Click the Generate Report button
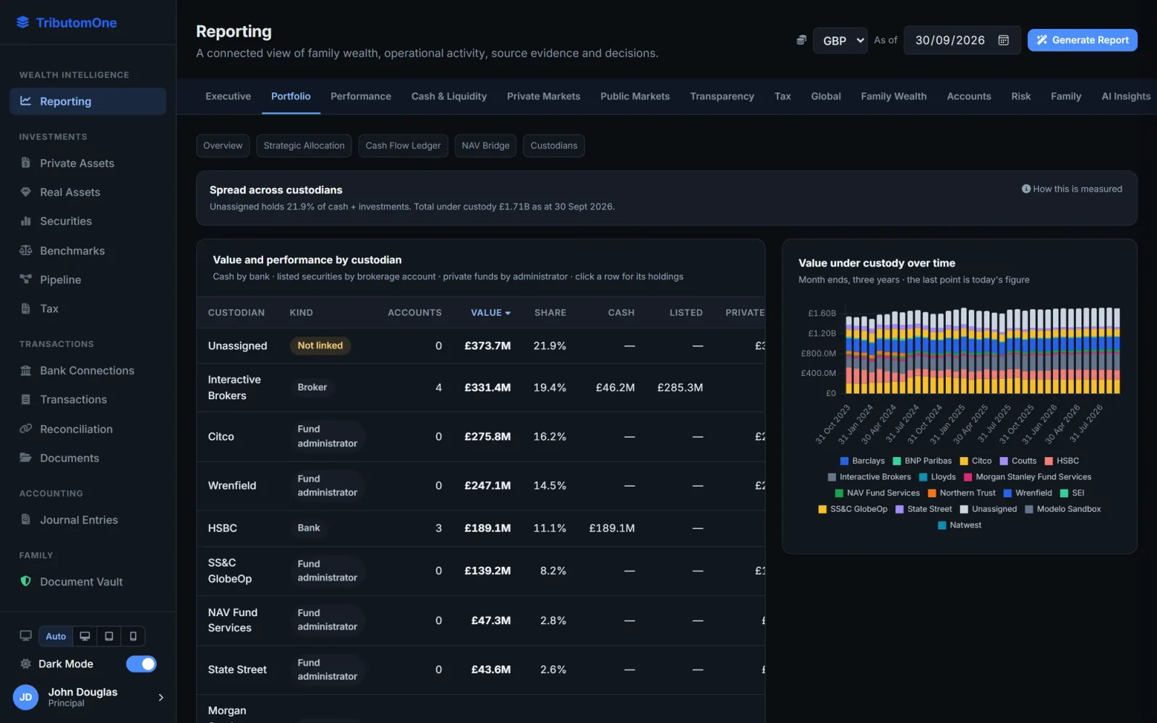[x=1082, y=40]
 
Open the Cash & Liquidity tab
[x=449, y=96]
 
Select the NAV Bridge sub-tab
[x=485, y=145]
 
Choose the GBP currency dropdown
[x=840, y=40]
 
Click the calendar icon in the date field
[x=1003, y=40]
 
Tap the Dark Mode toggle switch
[x=141, y=664]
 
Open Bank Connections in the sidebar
[x=87, y=370]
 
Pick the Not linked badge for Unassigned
[x=320, y=346]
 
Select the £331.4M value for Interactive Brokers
[x=487, y=388]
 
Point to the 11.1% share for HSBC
[x=550, y=528]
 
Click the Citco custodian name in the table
[x=221, y=437]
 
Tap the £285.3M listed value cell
[x=680, y=388]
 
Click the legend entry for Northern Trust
[x=962, y=493]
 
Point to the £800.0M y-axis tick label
[x=818, y=354]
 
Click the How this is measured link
[x=1072, y=189]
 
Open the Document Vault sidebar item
[x=81, y=581]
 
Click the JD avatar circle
[x=25, y=697]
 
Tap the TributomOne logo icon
[x=22, y=22]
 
